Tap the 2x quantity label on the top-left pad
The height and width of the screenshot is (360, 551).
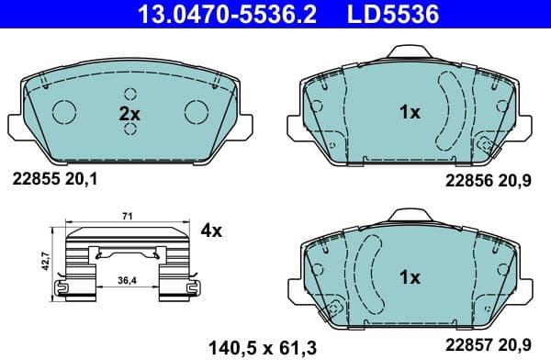click(129, 115)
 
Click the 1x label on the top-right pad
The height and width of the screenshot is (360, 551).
click(409, 113)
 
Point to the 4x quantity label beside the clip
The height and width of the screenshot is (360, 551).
click(211, 231)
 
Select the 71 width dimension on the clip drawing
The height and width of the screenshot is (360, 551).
click(128, 217)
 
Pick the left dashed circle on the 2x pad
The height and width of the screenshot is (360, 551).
click(64, 112)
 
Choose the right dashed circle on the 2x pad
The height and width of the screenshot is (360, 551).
click(196, 112)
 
